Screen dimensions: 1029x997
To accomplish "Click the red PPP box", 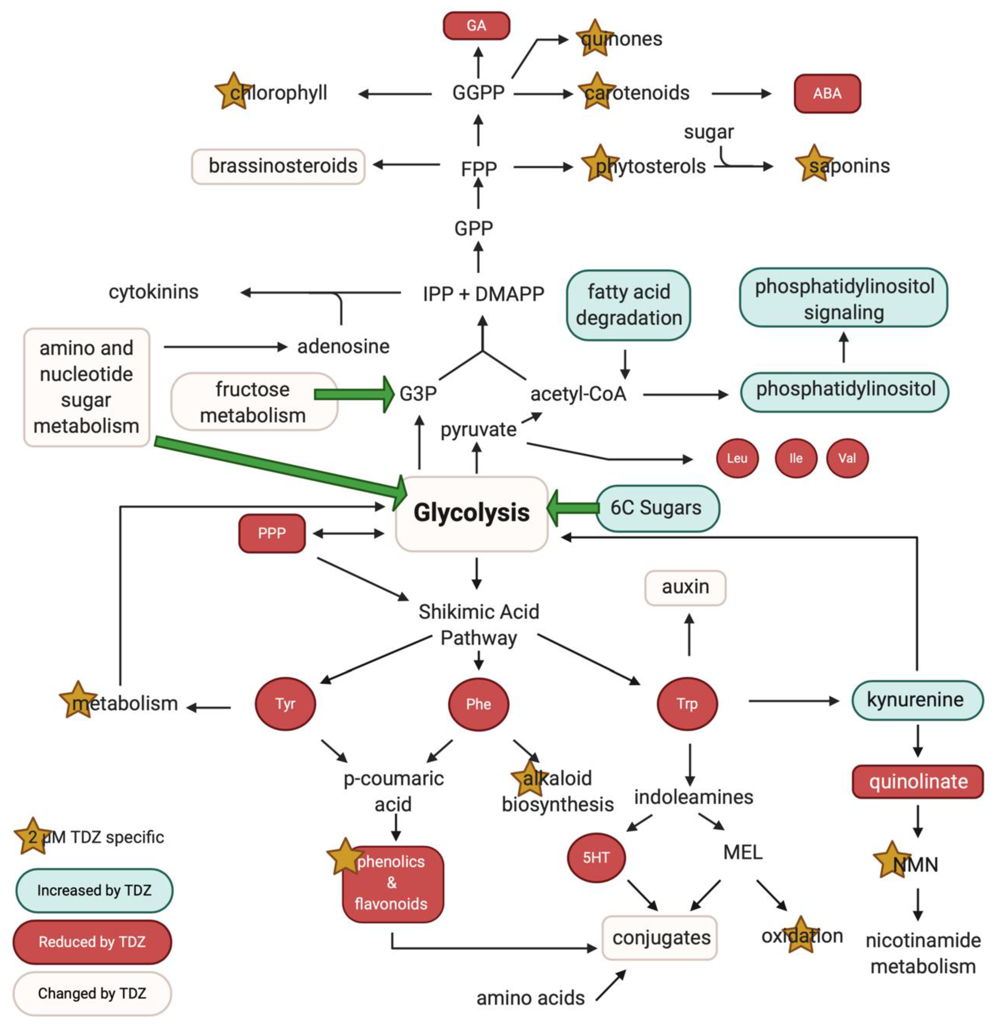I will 271,533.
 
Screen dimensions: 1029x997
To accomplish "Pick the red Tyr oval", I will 285,703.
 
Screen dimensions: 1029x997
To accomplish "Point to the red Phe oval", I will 478,703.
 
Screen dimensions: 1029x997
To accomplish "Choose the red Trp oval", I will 687,703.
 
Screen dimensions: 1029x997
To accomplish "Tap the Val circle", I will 847,458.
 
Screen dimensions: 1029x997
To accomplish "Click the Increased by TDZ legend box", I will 94,890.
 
